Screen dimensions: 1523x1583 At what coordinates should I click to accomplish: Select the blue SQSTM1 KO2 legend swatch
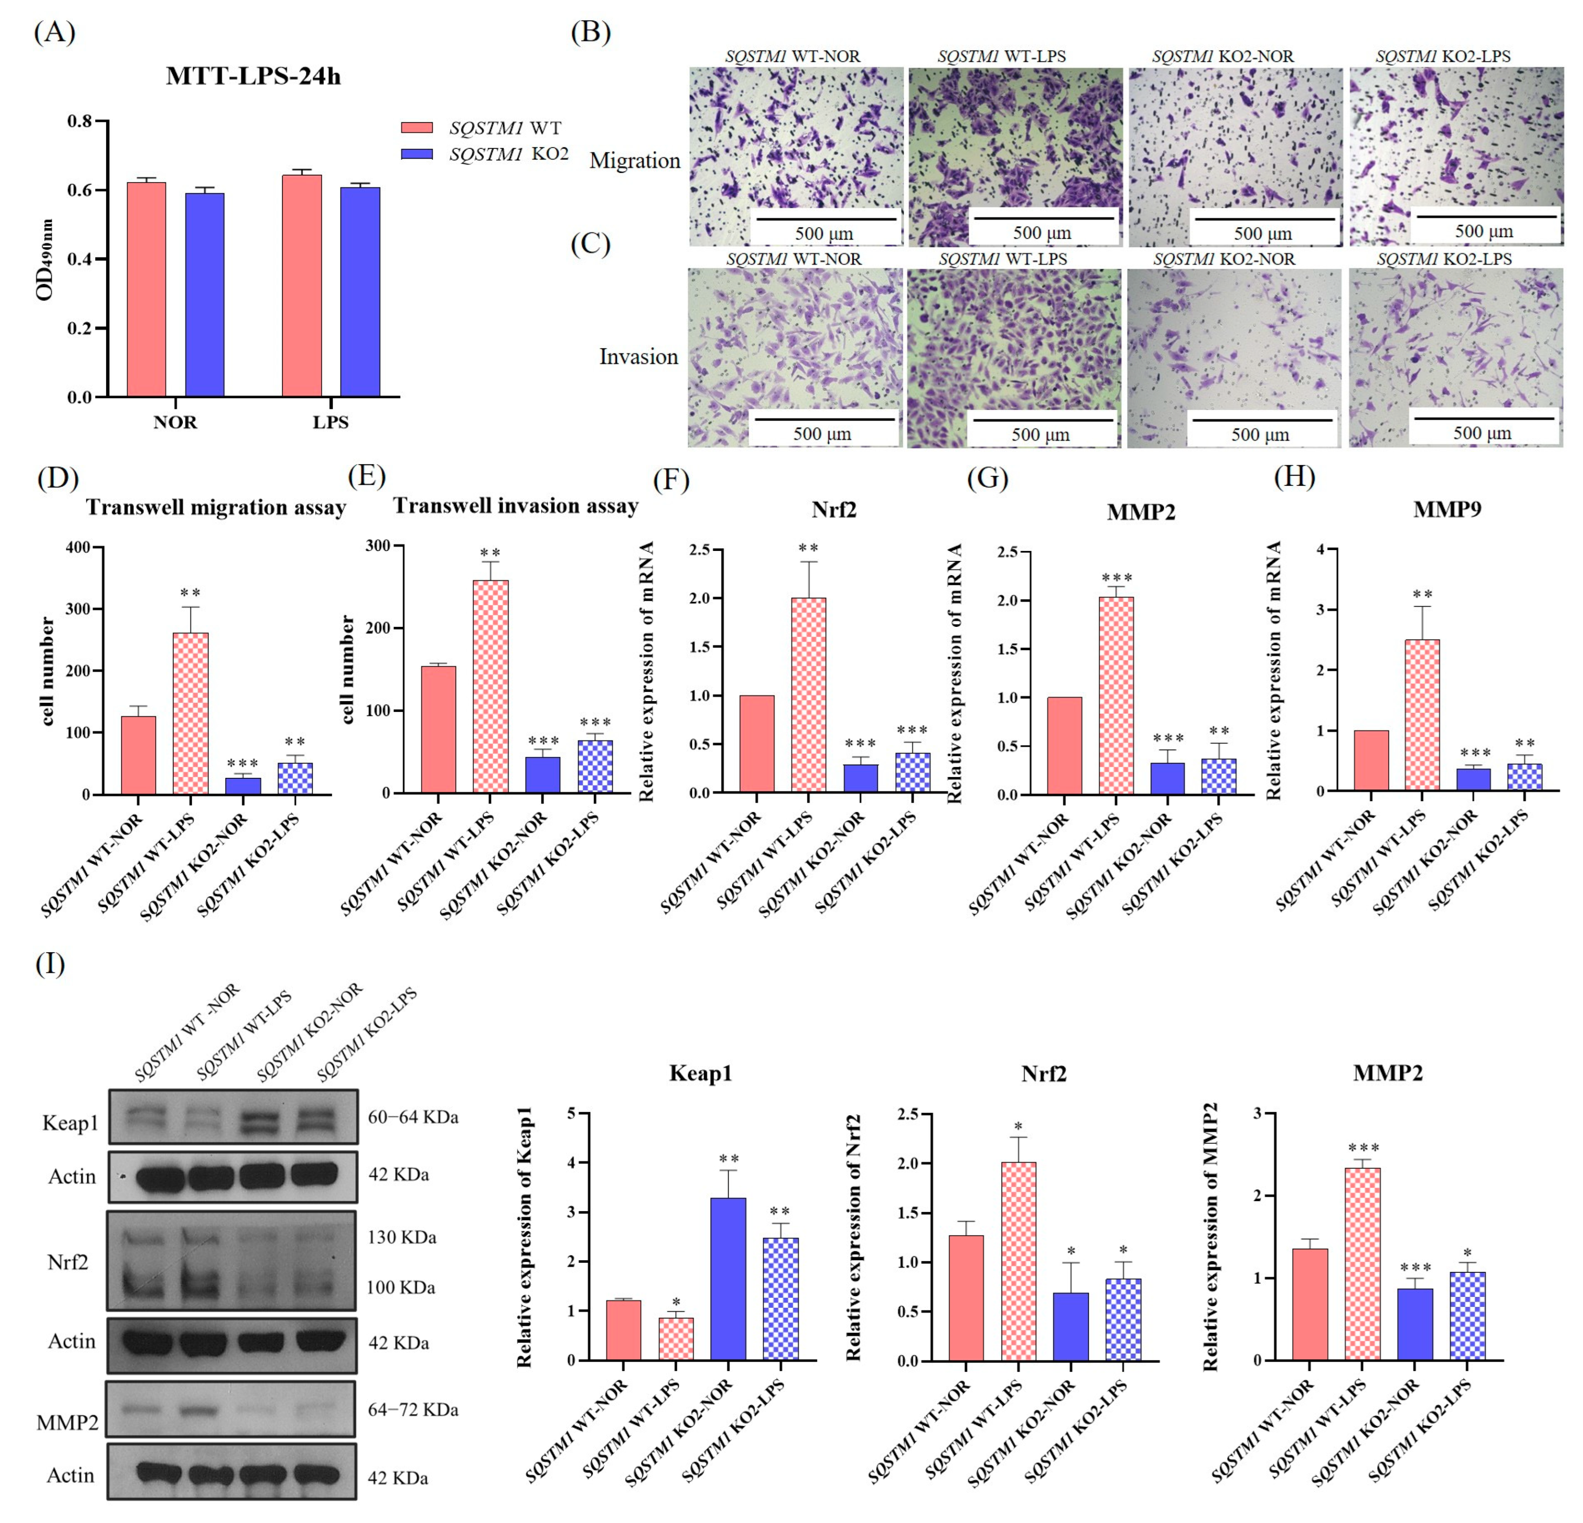[x=417, y=154]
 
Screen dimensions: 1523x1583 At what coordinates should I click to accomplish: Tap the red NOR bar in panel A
[x=146, y=289]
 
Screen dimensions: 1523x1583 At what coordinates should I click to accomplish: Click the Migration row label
[x=635, y=161]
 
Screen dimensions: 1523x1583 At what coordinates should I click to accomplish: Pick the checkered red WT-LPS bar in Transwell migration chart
[x=190, y=713]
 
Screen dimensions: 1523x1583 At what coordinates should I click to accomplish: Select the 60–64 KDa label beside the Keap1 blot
[x=413, y=1117]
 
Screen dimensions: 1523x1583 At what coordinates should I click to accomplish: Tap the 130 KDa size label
[x=402, y=1237]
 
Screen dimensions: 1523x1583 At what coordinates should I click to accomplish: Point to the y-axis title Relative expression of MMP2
[x=1210, y=1236]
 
